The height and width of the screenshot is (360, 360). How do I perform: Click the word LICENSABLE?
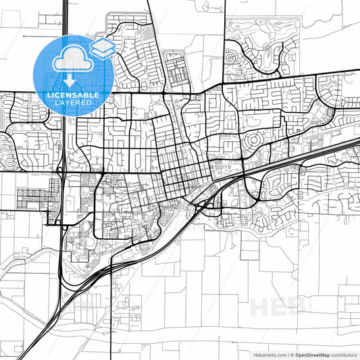click(x=73, y=95)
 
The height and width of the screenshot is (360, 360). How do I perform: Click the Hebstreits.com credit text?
click(x=268, y=354)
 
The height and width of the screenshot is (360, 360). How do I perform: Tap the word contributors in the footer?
click(x=344, y=354)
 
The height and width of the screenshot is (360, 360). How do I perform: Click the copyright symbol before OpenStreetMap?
click(x=292, y=354)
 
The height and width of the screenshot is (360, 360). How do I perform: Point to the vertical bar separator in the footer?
click(x=288, y=354)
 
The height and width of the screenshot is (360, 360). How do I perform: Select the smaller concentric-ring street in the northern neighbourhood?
click(x=230, y=58)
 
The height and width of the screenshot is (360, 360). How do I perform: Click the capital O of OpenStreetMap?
click(x=298, y=354)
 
